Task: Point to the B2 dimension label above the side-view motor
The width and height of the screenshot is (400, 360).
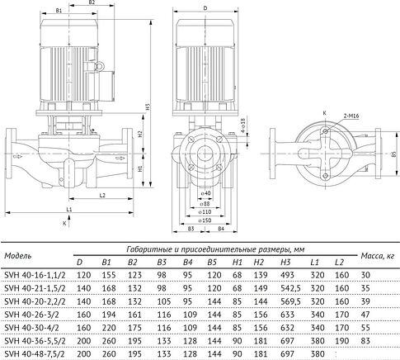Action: [93, 4]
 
